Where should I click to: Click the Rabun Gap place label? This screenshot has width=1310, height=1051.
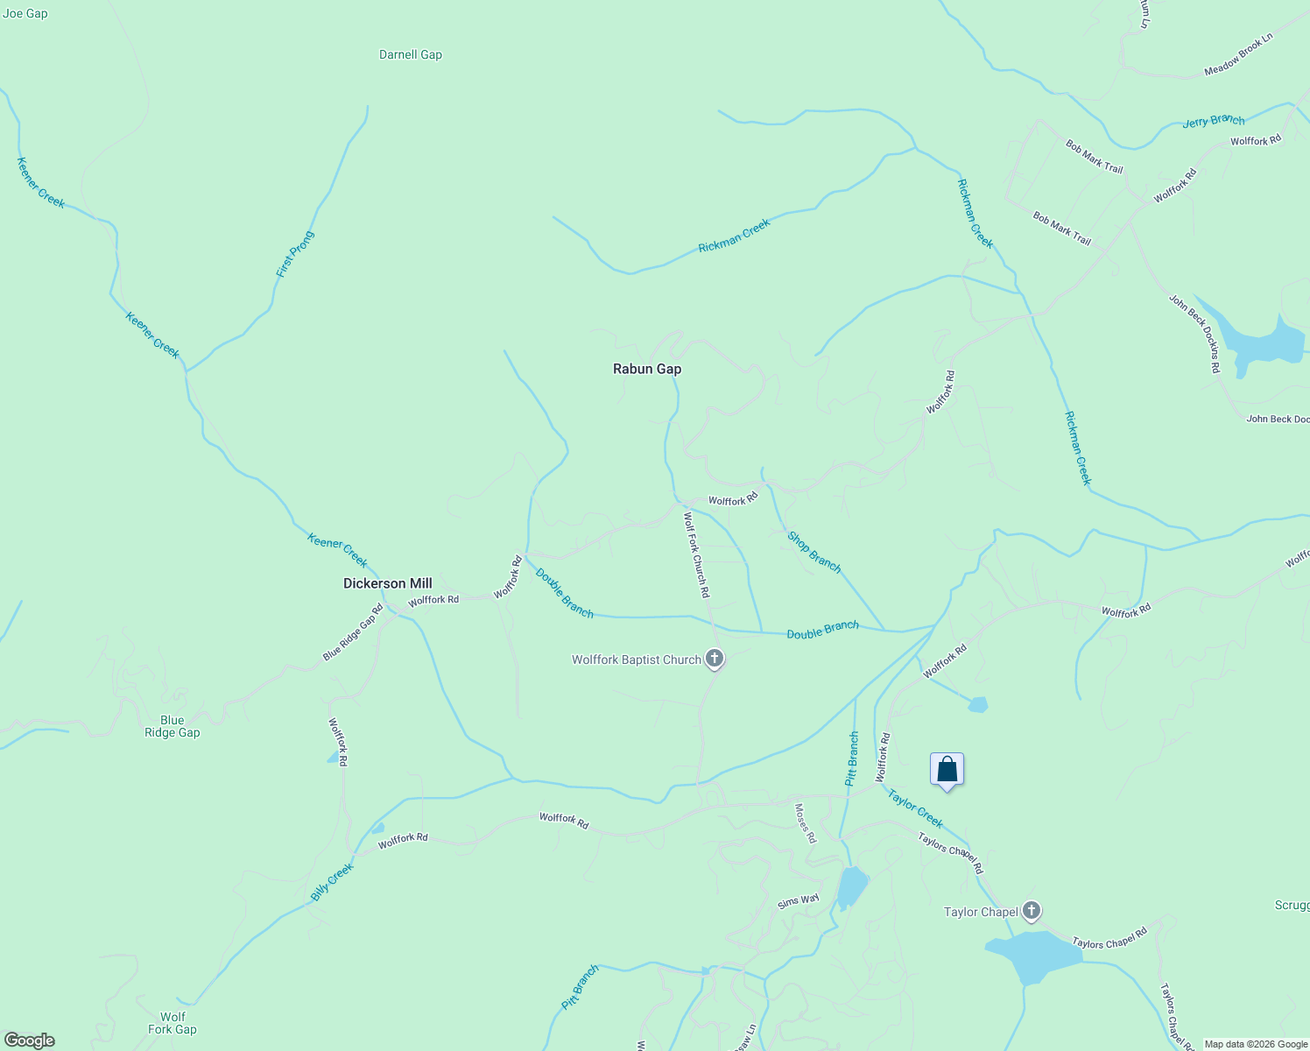tap(647, 369)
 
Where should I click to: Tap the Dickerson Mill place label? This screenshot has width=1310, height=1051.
tap(387, 583)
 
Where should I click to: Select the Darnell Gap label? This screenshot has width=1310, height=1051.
tap(411, 54)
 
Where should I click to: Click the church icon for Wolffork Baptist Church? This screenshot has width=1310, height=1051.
tap(715, 659)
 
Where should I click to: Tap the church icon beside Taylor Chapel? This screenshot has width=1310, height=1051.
tap(1032, 911)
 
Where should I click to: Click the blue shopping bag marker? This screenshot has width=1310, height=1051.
tap(947, 770)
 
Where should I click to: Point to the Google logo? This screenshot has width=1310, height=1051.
tap(29, 1040)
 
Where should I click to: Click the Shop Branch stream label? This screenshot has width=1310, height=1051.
tap(813, 553)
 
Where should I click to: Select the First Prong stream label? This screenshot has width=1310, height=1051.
tap(294, 254)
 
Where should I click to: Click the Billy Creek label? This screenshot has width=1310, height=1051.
tap(332, 882)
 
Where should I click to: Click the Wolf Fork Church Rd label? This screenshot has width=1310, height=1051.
tap(696, 555)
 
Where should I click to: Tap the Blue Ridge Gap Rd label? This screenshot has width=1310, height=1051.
tap(353, 632)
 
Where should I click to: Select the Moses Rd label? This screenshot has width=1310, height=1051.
tap(805, 823)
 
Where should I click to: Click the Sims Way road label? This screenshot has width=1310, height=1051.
tap(798, 900)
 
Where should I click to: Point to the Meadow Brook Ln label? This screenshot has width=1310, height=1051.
tap(1238, 54)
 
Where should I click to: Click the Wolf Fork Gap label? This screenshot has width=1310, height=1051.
tap(173, 1023)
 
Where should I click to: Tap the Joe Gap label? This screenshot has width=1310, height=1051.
tap(25, 13)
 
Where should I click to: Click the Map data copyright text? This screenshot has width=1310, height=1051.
tap(1256, 1044)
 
